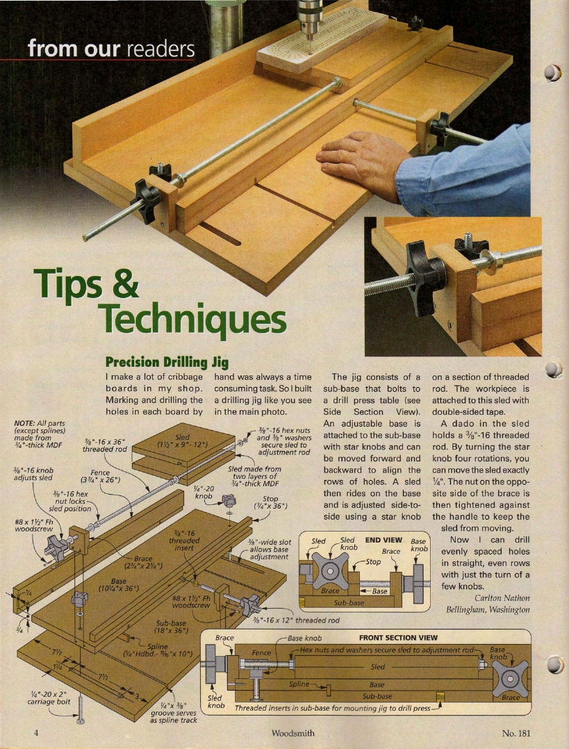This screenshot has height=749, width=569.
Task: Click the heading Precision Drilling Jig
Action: click(x=167, y=361)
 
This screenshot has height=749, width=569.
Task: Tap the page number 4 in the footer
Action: click(x=36, y=733)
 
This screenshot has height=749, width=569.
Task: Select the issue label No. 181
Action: click(x=516, y=733)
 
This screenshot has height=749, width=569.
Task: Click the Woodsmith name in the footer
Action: click(x=293, y=733)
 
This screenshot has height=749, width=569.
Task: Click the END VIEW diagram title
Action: click(x=384, y=541)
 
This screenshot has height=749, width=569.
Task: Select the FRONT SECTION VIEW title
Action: click(x=398, y=638)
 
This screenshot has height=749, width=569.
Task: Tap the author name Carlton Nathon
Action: click(x=502, y=598)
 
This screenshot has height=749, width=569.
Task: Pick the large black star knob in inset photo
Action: click(x=424, y=278)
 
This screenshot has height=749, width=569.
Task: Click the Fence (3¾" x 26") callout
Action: click(x=100, y=476)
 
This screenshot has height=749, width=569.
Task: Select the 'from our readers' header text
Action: click(x=111, y=49)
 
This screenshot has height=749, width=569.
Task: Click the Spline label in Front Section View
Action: click(x=299, y=684)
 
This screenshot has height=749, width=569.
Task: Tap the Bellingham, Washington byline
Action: click(x=488, y=609)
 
